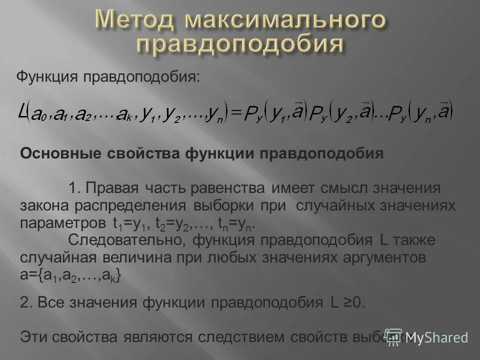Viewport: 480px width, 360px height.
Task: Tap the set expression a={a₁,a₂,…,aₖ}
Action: [x=70, y=275]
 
